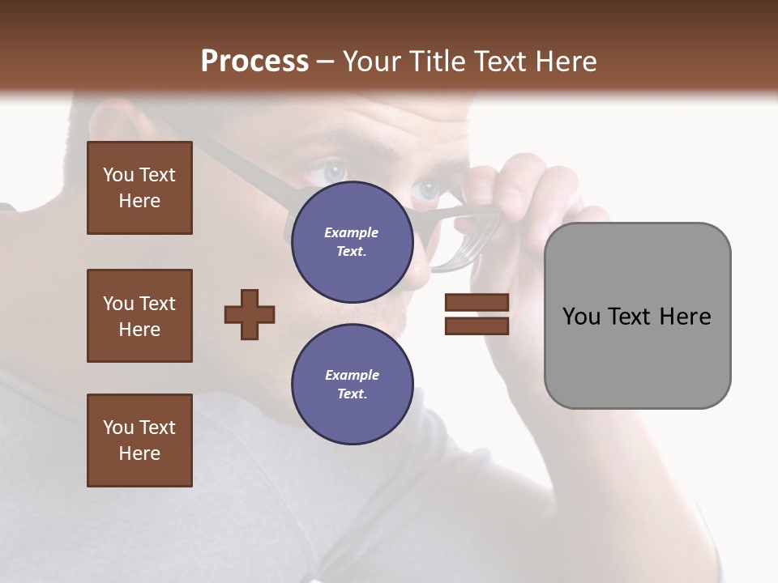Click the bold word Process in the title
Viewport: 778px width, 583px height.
(254, 62)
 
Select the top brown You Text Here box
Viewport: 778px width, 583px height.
(139, 188)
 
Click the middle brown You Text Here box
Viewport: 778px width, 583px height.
(139, 316)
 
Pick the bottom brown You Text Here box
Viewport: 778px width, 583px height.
(139, 440)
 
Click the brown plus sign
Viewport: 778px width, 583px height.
(250, 314)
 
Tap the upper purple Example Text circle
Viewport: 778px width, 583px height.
(352, 242)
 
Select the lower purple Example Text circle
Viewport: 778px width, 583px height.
(352, 385)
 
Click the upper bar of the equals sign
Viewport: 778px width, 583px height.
(477, 302)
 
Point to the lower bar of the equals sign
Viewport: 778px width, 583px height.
(477, 326)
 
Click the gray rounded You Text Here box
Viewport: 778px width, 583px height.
(637, 316)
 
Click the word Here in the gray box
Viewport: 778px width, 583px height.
(685, 317)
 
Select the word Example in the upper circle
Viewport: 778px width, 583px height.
(352, 232)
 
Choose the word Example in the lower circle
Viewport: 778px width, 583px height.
(352, 375)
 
